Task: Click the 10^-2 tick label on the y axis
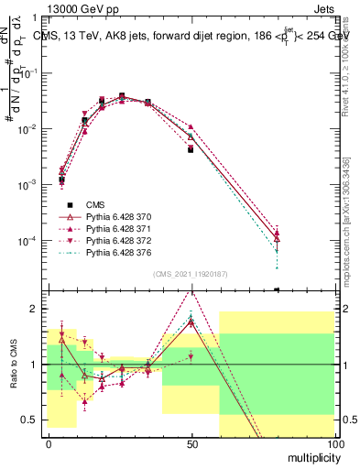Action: click(30, 129)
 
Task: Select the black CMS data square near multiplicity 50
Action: click(191, 149)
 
